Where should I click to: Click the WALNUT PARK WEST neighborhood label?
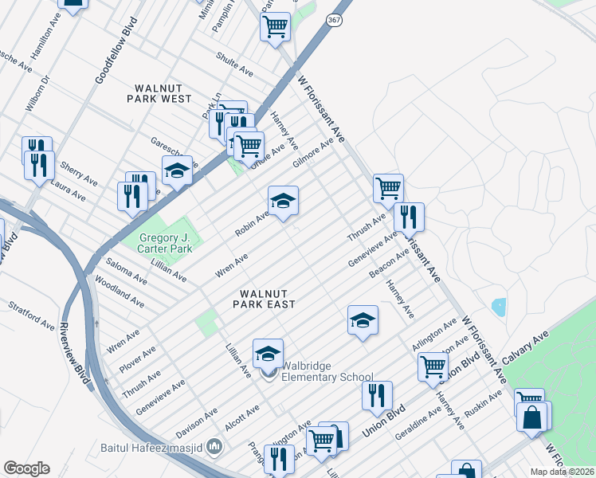159,92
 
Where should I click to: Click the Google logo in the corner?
26,468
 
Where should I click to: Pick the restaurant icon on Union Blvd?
377,395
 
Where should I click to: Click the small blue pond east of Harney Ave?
499,307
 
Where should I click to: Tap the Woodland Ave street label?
119,292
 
